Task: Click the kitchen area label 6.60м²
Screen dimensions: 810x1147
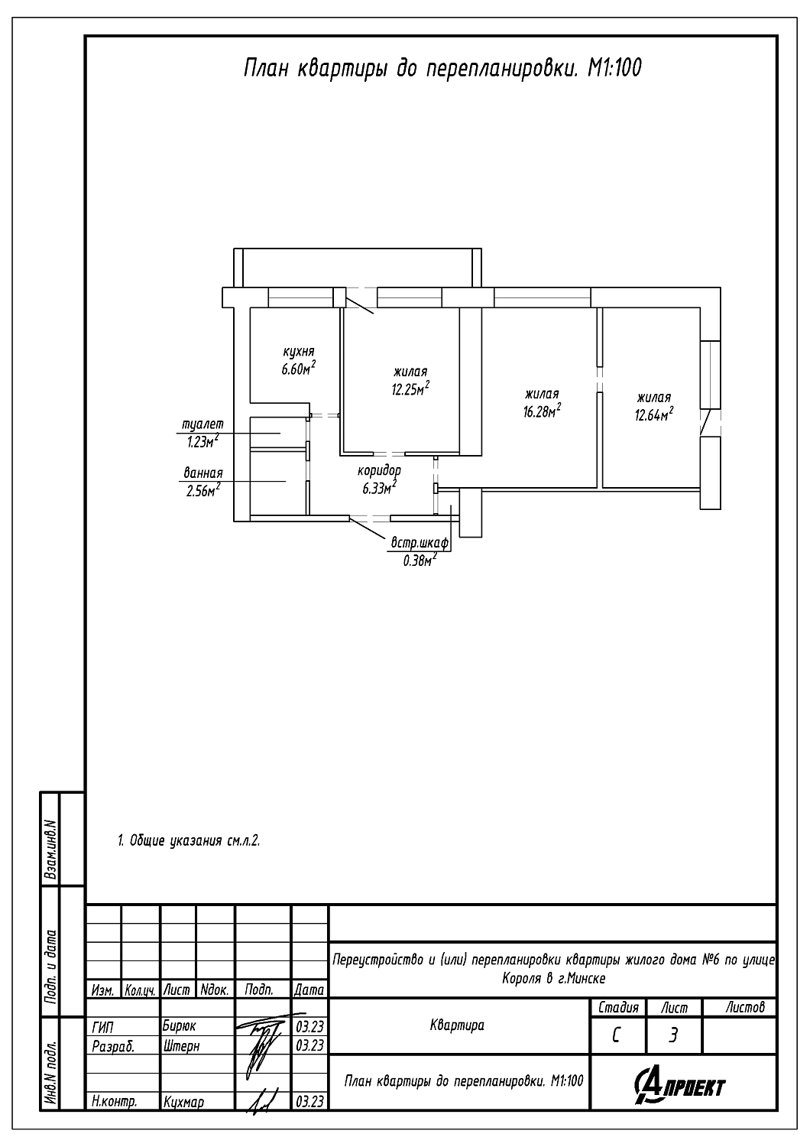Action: pos(298,368)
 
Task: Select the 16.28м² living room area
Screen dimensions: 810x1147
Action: pos(541,411)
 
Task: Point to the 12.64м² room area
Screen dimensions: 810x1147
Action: pos(654,414)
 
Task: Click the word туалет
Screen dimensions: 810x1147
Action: pos(203,424)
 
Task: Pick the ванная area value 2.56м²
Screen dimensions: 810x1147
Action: pos(203,491)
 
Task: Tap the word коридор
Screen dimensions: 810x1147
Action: pos(379,470)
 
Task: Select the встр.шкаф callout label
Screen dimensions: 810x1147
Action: pos(420,543)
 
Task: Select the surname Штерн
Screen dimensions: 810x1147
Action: pos(181,1045)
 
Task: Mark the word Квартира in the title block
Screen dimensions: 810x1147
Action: pos(457,1025)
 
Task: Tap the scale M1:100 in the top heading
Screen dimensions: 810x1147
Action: pos(614,68)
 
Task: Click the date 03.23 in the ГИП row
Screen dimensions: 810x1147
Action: pos(309,1027)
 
